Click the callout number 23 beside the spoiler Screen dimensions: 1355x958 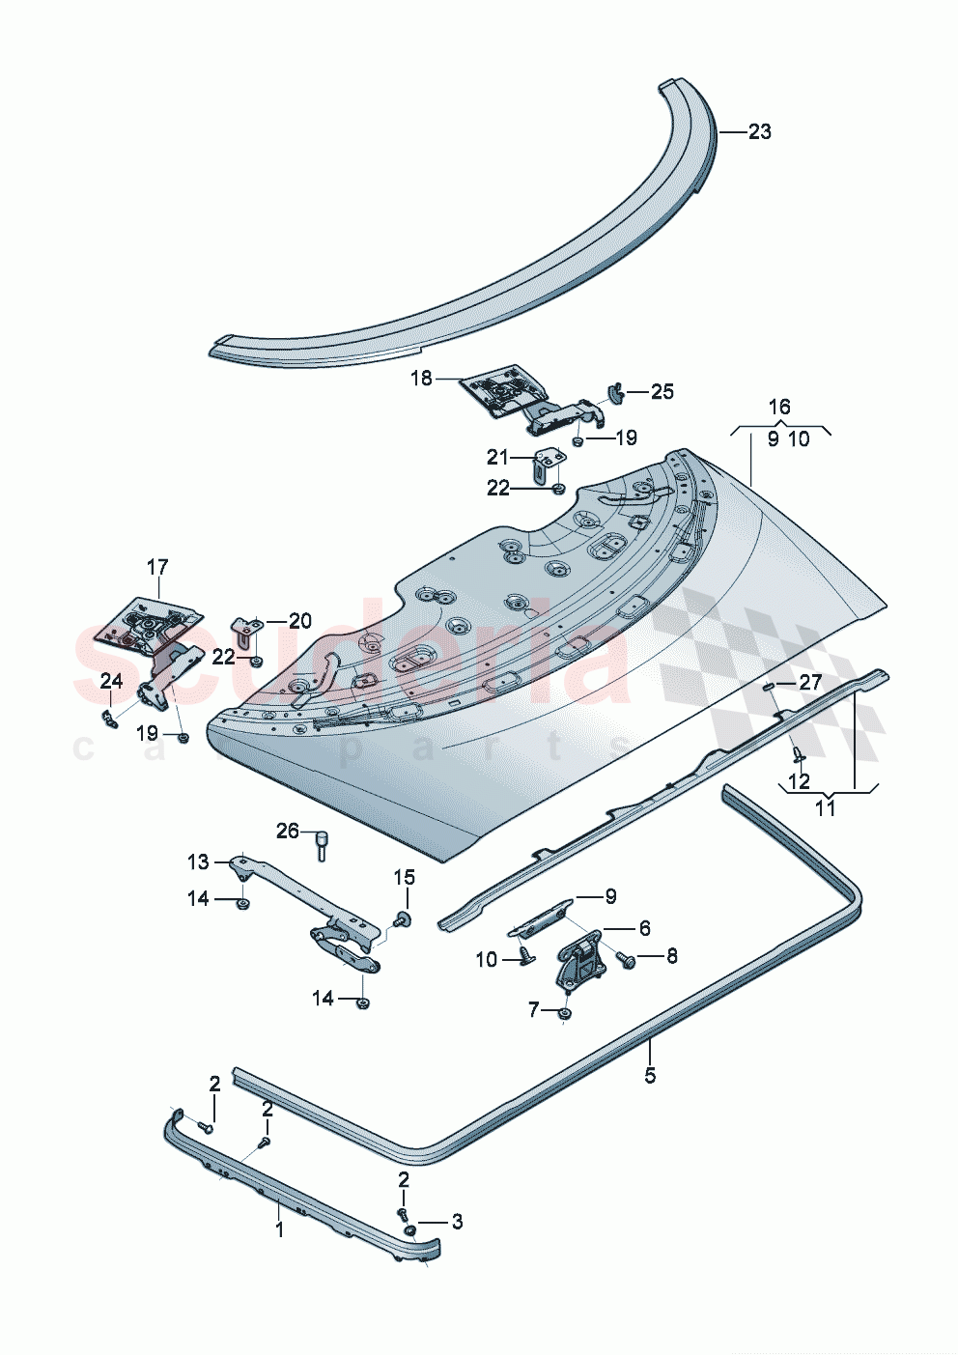[x=760, y=131]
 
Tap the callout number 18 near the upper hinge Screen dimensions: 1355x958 [x=421, y=378]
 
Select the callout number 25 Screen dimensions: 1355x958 [x=662, y=391]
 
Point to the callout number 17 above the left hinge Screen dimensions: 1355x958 [x=157, y=567]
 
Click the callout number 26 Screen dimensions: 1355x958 [x=288, y=831]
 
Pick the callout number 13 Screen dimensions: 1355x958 [x=198, y=861]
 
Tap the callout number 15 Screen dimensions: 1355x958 [x=404, y=877]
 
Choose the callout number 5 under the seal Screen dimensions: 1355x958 [x=650, y=1075]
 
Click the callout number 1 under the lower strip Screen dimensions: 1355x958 [x=280, y=1230]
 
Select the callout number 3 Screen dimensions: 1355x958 [x=457, y=1222]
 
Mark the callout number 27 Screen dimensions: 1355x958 [x=809, y=683]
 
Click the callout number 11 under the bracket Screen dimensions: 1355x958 [x=825, y=807]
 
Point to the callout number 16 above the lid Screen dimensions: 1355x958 [x=779, y=407]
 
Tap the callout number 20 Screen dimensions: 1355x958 [x=300, y=620]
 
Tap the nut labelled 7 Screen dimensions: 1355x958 [x=564, y=1013]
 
